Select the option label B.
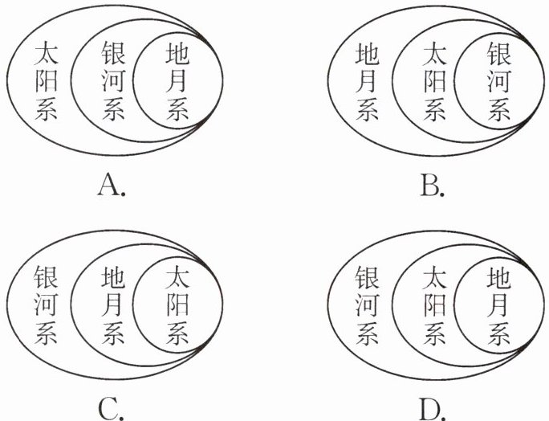point(432,186)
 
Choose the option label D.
point(432,409)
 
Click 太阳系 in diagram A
point(47,81)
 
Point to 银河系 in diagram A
point(113,81)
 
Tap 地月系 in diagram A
point(177,81)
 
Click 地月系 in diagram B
point(368,81)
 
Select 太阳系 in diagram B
point(434,81)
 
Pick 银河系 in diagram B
point(498,81)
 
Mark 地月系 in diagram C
point(113,305)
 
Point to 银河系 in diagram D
point(368,305)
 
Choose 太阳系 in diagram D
point(434,305)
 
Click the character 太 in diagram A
point(47,55)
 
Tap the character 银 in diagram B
point(498,55)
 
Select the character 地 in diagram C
point(113,278)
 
